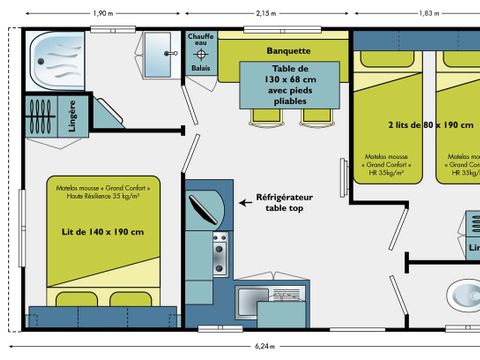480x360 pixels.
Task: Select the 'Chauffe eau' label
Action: point(201,42)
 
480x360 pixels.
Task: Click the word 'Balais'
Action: point(201,70)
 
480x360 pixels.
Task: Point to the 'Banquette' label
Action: point(289,49)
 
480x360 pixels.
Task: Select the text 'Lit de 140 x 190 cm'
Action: point(102,232)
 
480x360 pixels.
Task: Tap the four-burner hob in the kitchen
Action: point(219,255)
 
